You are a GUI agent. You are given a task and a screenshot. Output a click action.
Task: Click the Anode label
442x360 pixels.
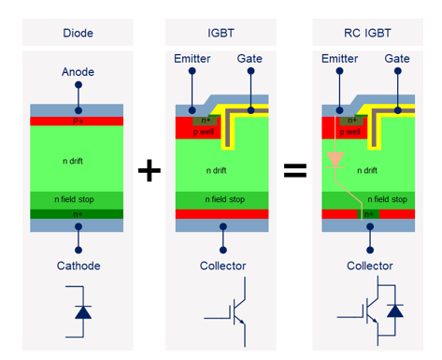click(x=78, y=72)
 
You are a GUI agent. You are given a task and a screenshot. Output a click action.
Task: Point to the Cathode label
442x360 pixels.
click(x=78, y=266)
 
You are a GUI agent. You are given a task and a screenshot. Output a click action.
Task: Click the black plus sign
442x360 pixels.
click(x=150, y=170)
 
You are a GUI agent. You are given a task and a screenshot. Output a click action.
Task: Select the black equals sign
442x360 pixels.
click(x=295, y=170)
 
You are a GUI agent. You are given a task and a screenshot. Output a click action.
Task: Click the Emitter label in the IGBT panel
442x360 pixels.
click(x=192, y=60)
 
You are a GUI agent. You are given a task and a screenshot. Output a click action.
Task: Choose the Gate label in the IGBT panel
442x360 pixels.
click(x=250, y=60)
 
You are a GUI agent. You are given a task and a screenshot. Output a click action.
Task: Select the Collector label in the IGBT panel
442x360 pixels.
click(x=222, y=266)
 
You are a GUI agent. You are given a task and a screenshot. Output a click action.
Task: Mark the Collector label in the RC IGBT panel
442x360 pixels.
click(x=369, y=266)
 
